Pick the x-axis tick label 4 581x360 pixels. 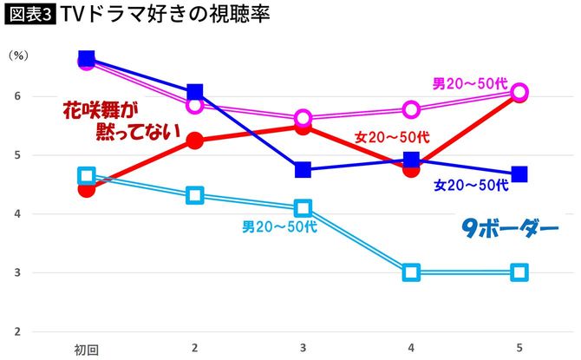(x=411, y=347)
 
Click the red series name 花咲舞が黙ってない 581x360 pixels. (x=121, y=121)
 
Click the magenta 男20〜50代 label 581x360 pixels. (x=470, y=84)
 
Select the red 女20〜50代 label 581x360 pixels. (x=392, y=136)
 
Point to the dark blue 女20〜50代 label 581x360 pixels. (x=471, y=185)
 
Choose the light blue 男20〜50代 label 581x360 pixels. (x=279, y=227)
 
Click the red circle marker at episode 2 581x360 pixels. (x=194, y=141)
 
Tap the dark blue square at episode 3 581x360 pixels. (x=303, y=169)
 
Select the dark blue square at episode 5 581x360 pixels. (x=519, y=174)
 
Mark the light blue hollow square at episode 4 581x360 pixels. (x=411, y=272)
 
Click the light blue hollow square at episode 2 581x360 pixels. (x=194, y=195)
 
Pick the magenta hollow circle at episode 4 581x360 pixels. (x=411, y=109)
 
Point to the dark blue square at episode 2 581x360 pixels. (x=194, y=92)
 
